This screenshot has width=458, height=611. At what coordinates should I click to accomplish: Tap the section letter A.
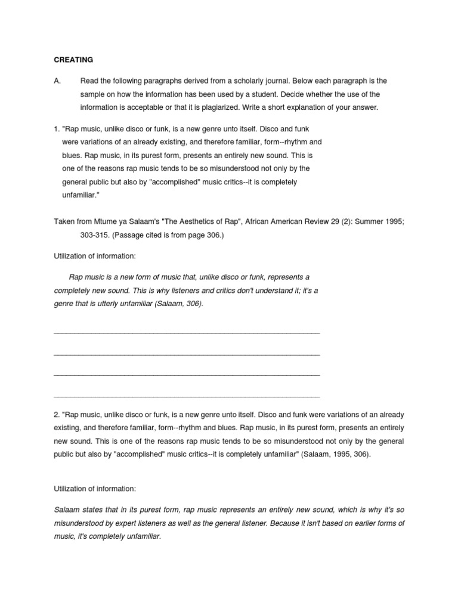pyautogui.click(x=57, y=81)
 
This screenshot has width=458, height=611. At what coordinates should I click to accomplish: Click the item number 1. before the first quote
pyautogui.click(x=57, y=129)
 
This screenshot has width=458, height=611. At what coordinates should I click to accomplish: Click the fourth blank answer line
pyautogui.click(x=187, y=396)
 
